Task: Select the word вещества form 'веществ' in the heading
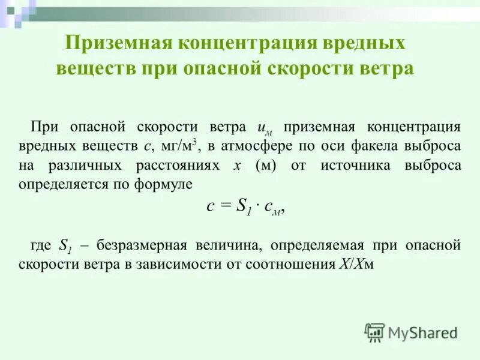click(95, 68)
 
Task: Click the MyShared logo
click(411, 332)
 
